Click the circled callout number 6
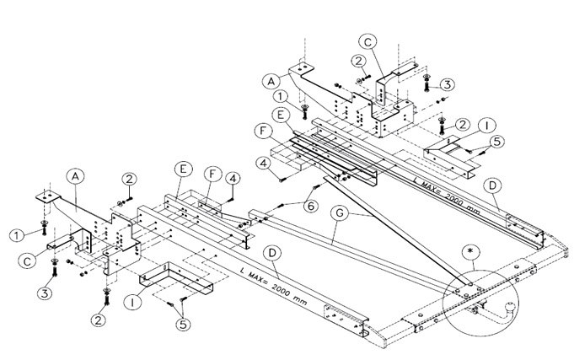click(310, 204)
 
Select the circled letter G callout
click(340, 215)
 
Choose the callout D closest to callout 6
click(271, 252)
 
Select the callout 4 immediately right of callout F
click(232, 177)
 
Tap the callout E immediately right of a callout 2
click(181, 168)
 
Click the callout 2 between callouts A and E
click(128, 177)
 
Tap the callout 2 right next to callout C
click(358, 60)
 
